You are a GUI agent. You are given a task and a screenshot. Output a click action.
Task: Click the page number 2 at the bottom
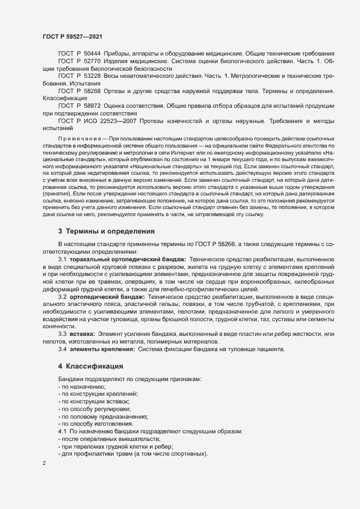[44, 464]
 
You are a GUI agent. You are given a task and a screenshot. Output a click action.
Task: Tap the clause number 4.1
[63, 431]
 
